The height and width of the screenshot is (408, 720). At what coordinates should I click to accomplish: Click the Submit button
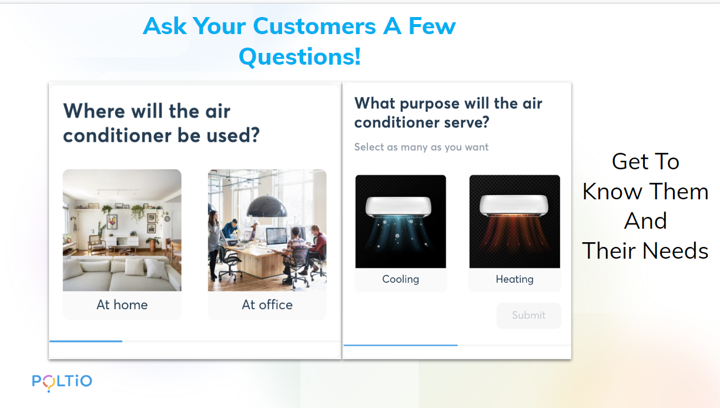(x=529, y=315)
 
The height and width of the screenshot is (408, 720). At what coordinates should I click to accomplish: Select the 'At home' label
(x=122, y=305)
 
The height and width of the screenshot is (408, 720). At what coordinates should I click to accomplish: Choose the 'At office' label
(x=267, y=305)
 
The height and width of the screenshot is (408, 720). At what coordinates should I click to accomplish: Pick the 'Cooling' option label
(x=400, y=279)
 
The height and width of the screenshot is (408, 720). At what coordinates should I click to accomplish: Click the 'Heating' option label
(x=515, y=279)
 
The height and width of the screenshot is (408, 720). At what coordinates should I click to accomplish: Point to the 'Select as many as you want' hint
(x=421, y=147)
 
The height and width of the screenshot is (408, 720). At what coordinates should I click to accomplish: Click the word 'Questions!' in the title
(x=300, y=56)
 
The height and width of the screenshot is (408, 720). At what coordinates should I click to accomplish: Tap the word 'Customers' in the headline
(x=314, y=26)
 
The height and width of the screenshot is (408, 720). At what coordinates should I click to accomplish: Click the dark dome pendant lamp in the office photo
(x=266, y=206)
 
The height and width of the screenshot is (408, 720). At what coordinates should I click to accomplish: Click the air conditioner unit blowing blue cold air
(x=398, y=206)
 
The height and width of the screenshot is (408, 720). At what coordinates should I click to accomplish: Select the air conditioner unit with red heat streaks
(x=514, y=205)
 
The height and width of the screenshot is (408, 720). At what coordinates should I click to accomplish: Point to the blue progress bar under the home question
(x=86, y=341)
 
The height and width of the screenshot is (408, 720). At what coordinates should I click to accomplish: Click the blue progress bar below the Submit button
(x=400, y=345)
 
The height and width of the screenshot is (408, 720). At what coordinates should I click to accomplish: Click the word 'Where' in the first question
(x=94, y=111)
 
